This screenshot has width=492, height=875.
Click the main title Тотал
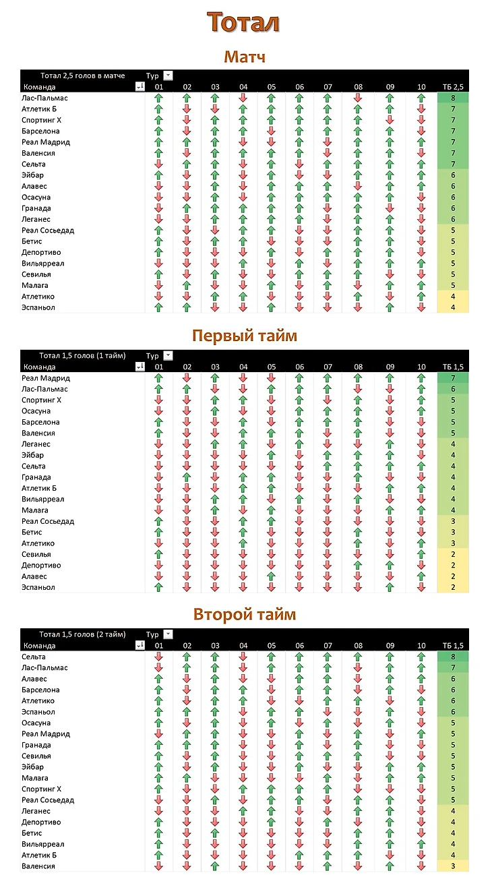pos(244,22)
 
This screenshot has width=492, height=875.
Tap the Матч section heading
pos(245,57)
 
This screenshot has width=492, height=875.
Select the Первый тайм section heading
pos(244,336)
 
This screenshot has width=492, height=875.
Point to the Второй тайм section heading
pos(244,614)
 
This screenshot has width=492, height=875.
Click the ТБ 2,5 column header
pos(453,87)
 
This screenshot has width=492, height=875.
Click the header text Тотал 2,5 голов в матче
pos(82,76)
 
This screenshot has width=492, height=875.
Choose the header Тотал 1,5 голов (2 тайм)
pos(82,634)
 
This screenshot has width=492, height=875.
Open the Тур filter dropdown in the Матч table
pos(168,76)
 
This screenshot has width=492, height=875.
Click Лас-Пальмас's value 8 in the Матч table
pos(453,98)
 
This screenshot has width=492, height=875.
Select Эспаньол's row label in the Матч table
pos(38,307)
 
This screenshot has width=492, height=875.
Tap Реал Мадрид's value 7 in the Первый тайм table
pos(453,378)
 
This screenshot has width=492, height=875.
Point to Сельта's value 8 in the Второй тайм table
pos(453,657)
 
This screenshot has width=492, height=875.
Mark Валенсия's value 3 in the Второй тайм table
pos(453,866)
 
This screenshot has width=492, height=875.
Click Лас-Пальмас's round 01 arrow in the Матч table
pos(159,98)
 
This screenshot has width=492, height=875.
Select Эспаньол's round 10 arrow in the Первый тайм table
pos(421,587)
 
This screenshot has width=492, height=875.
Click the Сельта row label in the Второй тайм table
pos(34,657)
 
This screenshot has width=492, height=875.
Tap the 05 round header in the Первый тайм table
pos(271,367)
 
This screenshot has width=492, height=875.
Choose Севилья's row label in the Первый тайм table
pos(36,554)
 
